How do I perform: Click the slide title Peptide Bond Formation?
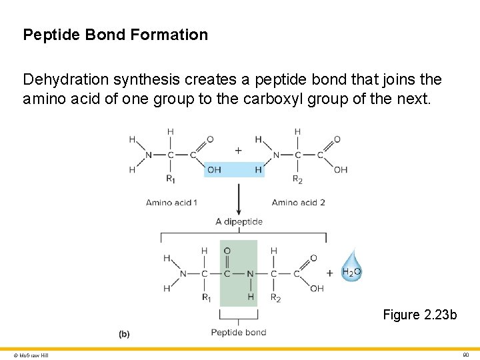click(115, 35)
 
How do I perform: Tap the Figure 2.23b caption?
click(420, 315)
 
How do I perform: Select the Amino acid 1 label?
click(171, 202)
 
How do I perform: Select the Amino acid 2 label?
click(298, 202)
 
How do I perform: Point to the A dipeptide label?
click(239, 221)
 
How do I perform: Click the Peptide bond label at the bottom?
click(239, 332)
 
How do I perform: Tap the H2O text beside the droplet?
click(351, 272)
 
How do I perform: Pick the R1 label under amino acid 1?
click(171, 179)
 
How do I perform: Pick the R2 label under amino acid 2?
click(298, 179)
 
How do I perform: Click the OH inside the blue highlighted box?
click(214, 170)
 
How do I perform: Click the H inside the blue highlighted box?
click(258, 170)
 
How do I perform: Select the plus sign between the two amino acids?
click(238, 151)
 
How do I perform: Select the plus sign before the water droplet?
click(329, 273)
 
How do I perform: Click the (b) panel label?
click(124, 334)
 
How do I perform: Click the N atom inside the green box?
click(251, 273)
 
